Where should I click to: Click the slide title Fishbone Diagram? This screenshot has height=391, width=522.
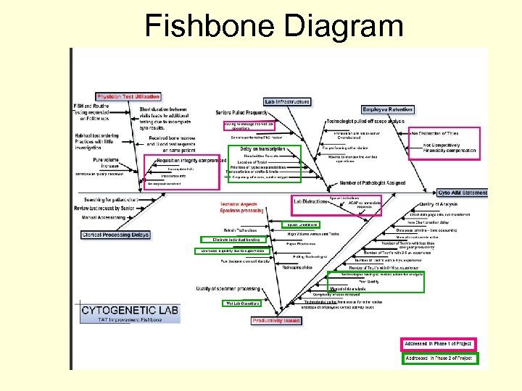coord(274,26)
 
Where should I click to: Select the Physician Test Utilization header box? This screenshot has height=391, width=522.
coord(128,96)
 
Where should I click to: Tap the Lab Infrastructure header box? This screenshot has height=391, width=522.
coord(287,101)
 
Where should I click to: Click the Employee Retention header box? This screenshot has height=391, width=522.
coord(387,109)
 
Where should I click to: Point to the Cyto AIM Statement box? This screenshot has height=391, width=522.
coord(463,193)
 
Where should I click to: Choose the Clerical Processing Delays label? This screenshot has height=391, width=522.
coord(115,235)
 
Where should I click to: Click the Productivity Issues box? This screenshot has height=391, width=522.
coord(277,320)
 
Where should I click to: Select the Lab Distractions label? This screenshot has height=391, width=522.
coord(310,200)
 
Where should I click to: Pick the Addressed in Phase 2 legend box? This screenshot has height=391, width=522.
coord(439,358)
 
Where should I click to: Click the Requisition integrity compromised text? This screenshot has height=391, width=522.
coord(191,160)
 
